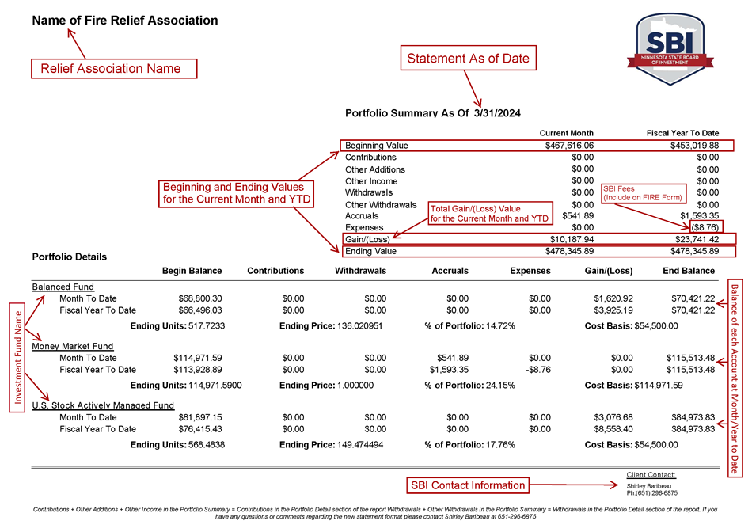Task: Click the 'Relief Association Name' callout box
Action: coord(113,69)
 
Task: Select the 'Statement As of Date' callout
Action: coord(468,58)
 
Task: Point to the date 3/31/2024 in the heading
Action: coord(497,113)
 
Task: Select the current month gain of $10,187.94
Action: coord(572,239)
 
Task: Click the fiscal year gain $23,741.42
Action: coord(692,239)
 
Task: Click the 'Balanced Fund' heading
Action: coord(63,287)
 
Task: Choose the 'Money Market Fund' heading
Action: coord(72,346)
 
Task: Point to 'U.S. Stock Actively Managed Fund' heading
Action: coord(103,405)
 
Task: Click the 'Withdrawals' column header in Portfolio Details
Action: coord(360,271)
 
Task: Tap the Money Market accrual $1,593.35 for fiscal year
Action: coord(449,370)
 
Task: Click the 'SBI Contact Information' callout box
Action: coord(467,485)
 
